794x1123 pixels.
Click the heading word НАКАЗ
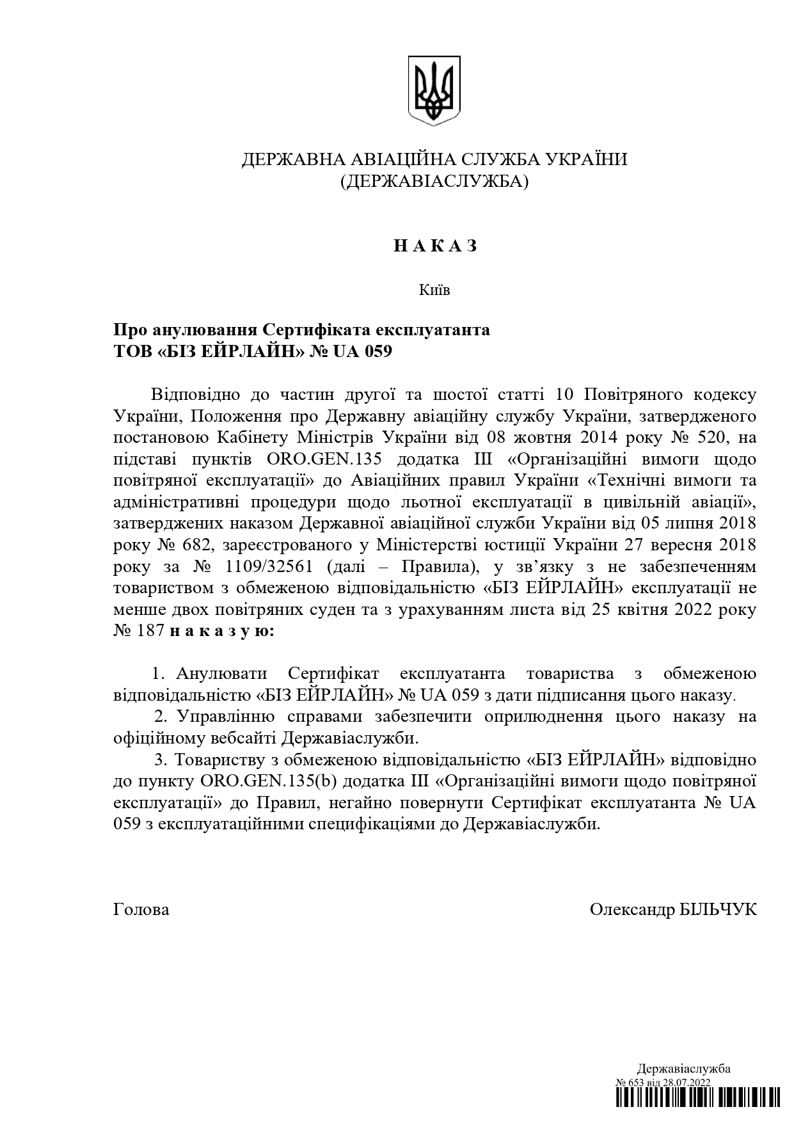click(x=435, y=246)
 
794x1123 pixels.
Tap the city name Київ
click(x=434, y=291)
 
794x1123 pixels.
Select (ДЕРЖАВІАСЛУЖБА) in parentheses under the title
click(x=434, y=182)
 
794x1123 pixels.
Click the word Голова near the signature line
click(x=141, y=910)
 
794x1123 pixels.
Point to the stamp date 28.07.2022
click(x=687, y=1082)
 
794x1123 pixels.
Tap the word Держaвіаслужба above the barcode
click(x=683, y=1069)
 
